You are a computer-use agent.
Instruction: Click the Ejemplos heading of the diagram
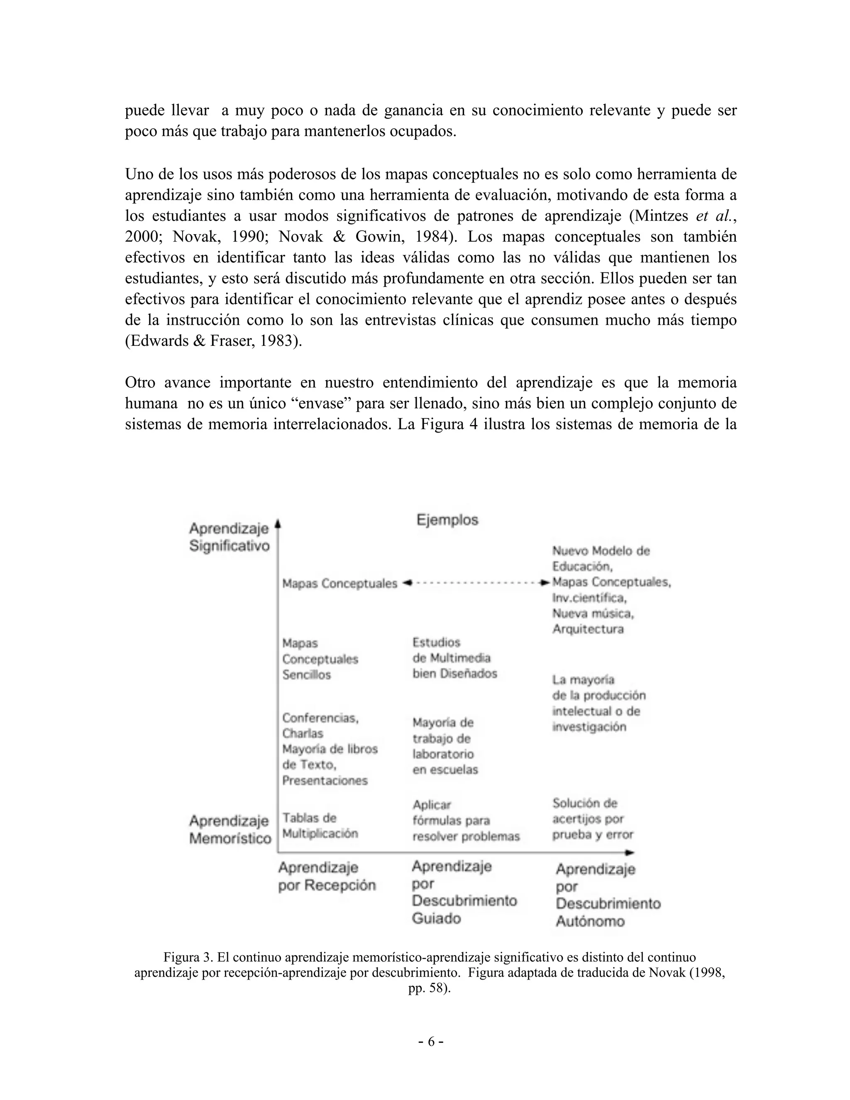coord(447,520)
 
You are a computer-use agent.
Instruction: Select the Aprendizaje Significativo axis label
coord(229,538)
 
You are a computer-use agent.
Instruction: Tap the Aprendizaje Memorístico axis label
coord(230,829)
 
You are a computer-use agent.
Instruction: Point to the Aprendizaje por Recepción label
coord(327,876)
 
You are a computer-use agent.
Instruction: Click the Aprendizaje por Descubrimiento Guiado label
coord(464,892)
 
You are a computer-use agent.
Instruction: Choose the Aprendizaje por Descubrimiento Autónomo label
coord(607,895)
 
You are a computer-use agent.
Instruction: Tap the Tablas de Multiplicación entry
coord(320,826)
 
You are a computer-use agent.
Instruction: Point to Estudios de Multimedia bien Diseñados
coord(454,658)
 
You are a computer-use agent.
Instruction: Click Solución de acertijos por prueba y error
coord(592,819)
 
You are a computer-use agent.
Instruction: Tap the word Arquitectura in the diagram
coord(588,629)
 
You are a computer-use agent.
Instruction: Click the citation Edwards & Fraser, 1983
coord(213,341)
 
